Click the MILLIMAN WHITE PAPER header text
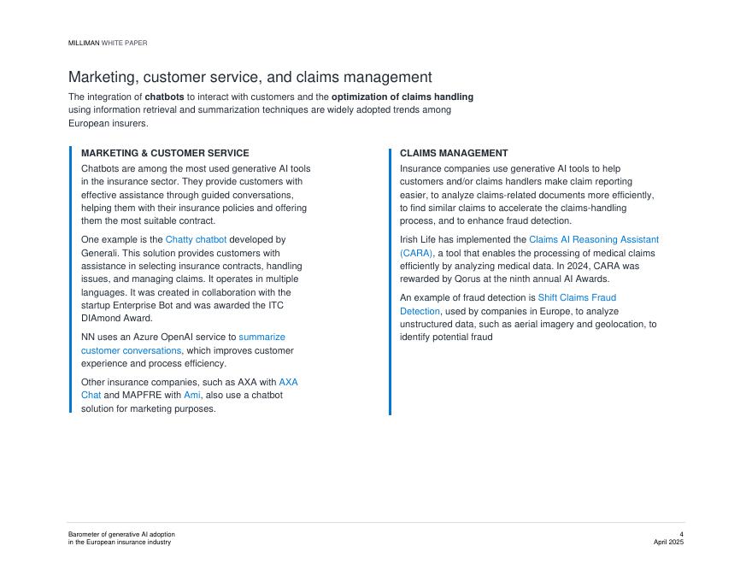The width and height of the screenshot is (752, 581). click(108, 43)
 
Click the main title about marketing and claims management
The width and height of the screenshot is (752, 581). click(250, 78)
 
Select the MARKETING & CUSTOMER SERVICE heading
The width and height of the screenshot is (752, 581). click(165, 153)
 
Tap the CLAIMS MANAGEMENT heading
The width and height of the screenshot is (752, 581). click(454, 153)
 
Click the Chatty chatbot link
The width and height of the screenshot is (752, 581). click(196, 240)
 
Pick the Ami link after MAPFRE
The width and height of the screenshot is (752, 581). click(192, 396)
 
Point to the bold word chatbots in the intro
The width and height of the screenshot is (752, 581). click(164, 97)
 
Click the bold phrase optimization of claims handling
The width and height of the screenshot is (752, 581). click(402, 97)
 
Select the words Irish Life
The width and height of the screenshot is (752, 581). click(421, 240)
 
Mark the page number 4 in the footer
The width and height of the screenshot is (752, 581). click(681, 535)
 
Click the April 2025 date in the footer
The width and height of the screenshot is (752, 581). click(668, 543)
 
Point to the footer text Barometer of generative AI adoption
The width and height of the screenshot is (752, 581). click(121, 535)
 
